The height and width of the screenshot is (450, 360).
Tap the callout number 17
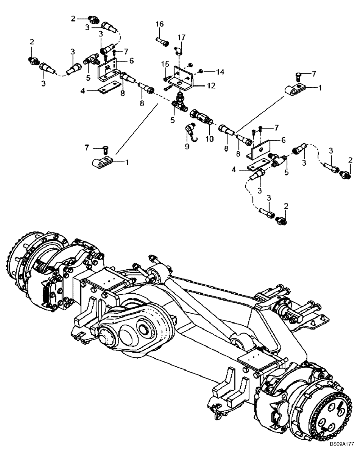point(181,37)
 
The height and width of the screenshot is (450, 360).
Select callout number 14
point(220,72)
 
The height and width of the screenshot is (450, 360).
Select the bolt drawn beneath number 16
point(163,41)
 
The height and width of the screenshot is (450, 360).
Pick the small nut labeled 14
point(201,71)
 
